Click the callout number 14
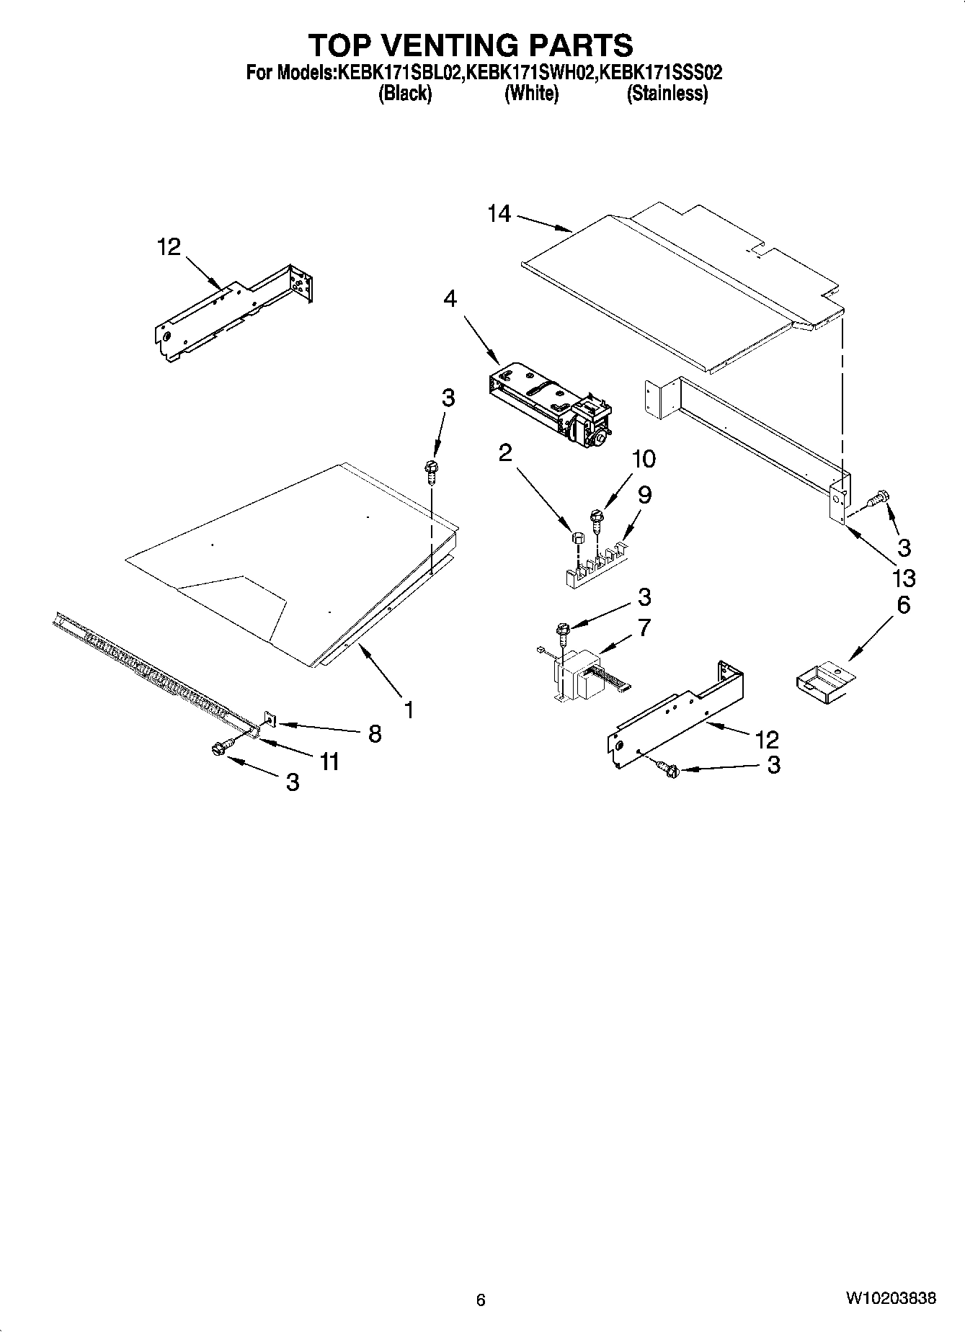499,214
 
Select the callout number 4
450,298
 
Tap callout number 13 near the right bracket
903,577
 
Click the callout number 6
903,604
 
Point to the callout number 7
644,627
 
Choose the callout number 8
375,733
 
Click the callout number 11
329,761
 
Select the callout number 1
409,710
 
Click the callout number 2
505,452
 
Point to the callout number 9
644,495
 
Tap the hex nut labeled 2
577,537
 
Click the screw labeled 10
596,517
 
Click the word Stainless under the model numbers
667,94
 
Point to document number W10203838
891,1299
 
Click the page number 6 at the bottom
481,1300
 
